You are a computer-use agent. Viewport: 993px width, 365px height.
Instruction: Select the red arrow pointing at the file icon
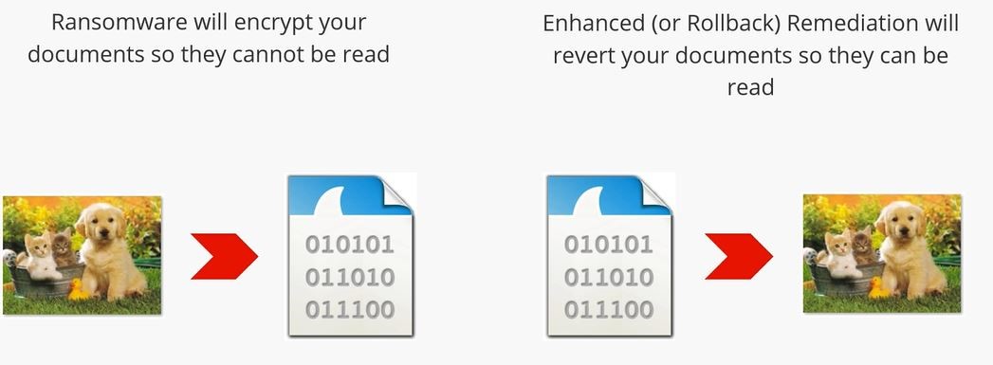coord(224,254)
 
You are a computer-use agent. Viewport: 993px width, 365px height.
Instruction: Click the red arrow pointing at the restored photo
coord(739,254)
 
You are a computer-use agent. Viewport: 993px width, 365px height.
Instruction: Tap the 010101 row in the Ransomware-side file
coord(349,246)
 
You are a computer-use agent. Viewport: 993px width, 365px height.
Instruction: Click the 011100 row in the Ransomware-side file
coord(349,310)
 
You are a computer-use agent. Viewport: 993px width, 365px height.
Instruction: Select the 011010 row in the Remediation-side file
coord(609,278)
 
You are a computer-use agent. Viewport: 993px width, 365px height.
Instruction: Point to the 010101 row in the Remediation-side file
coord(609,246)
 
